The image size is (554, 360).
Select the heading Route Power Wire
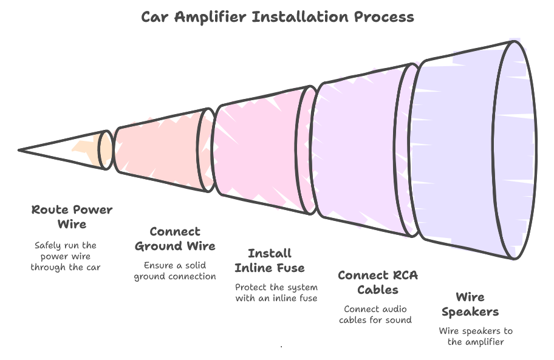tap(72, 217)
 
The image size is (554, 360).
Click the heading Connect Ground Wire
tap(175, 239)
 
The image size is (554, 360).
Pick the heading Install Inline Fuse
tap(270, 260)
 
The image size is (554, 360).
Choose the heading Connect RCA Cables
tap(377, 282)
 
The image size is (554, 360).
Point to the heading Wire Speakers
tap(470, 304)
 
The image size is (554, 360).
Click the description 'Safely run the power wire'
tap(66, 256)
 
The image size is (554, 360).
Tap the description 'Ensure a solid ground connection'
tap(175, 271)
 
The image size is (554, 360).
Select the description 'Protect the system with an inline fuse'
tap(276, 293)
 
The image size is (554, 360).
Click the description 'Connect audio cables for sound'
tap(375, 314)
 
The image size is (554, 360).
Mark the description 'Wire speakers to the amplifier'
tap(476, 336)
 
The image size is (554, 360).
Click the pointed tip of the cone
tap(21, 149)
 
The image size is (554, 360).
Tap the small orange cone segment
tap(91, 149)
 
